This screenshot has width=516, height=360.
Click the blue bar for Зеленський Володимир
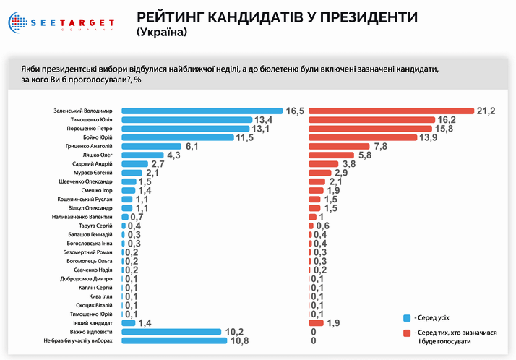click(202, 111)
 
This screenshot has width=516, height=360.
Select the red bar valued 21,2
click(391, 111)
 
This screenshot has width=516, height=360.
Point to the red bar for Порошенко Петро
click(369, 129)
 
